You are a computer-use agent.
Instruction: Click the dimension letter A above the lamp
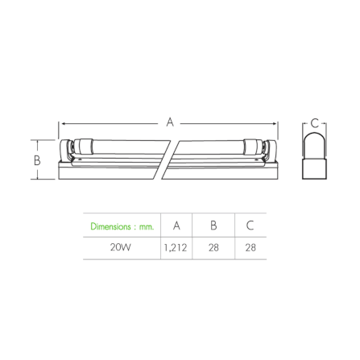tap(170, 122)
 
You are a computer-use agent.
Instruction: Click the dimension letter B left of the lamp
tap(37, 160)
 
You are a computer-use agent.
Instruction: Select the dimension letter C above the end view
tap(314, 123)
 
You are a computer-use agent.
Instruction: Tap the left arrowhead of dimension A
tap(64, 124)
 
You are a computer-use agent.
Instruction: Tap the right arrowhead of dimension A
tap(275, 124)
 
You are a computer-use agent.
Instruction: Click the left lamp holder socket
tap(66, 151)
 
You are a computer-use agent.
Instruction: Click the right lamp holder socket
tap(270, 151)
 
